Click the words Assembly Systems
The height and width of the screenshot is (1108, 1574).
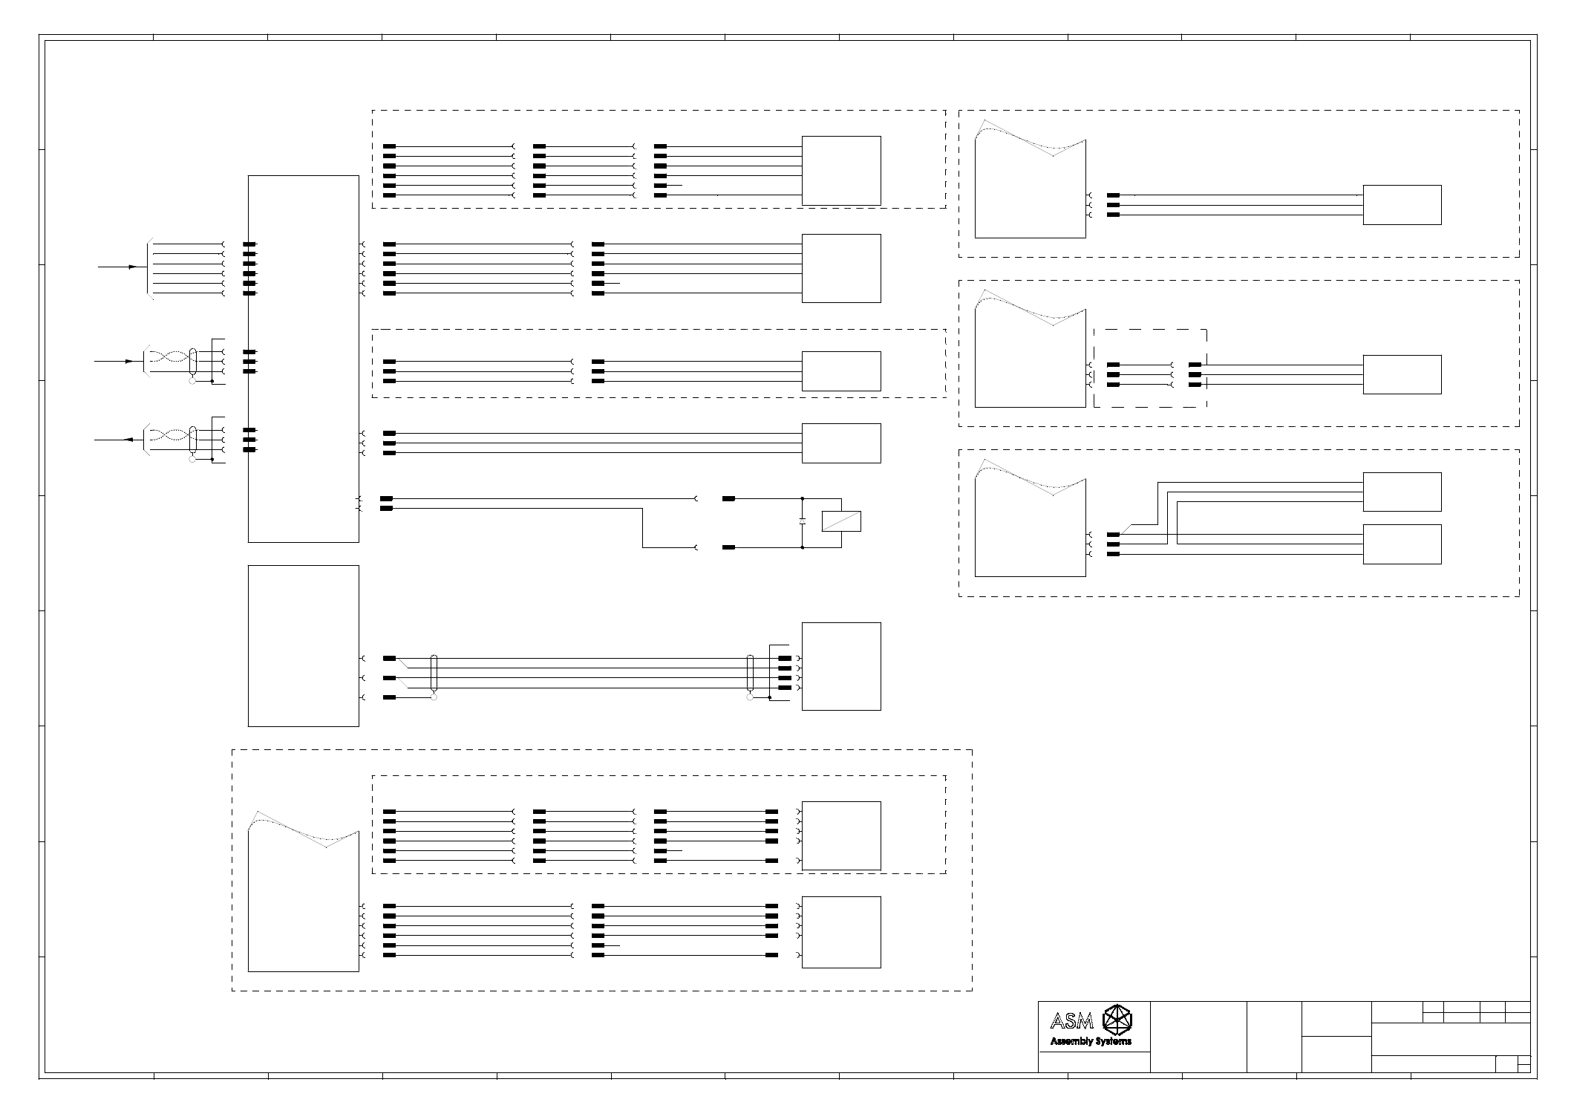(1091, 1041)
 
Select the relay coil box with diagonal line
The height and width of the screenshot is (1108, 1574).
(841, 521)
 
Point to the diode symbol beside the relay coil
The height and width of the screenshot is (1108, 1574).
(803, 522)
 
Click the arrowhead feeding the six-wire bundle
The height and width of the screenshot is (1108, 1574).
(134, 267)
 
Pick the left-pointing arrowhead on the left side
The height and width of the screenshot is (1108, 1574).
(128, 440)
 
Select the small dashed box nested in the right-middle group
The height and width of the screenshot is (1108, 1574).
(1150, 368)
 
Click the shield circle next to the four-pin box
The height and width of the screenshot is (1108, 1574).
(750, 697)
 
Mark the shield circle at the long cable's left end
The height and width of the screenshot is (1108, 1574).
(434, 697)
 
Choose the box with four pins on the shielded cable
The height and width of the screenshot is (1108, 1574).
(841, 666)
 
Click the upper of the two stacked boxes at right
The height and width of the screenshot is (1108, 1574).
(1402, 492)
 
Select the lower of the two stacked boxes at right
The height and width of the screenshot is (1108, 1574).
(1402, 544)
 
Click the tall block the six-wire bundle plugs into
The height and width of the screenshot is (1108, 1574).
(303, 359)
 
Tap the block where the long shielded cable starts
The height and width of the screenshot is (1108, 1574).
(303, 645)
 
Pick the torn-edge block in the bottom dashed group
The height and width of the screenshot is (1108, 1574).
(303, 899)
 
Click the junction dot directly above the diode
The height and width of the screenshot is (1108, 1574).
(803, 499)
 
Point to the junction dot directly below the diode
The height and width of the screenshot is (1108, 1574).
(803, 547)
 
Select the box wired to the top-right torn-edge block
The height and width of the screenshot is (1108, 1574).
(1402, 205)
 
